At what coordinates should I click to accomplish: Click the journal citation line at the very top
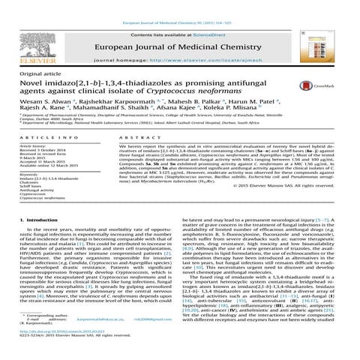click(180, 4)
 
